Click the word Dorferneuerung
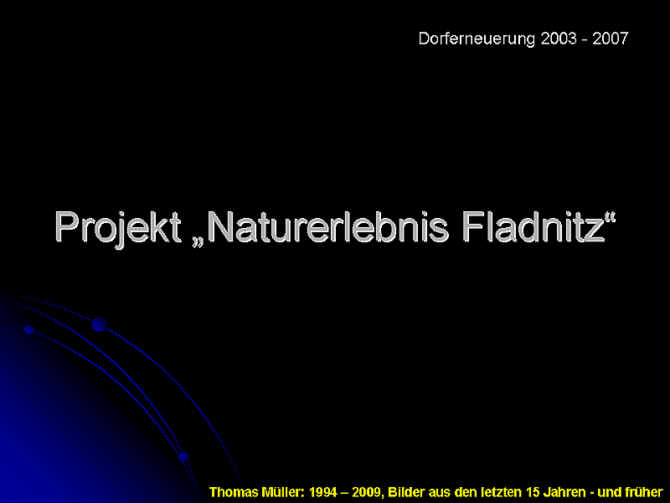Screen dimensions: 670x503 point(477,39)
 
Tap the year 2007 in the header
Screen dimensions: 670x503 point(611,39)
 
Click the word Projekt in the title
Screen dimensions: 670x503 point(118,228)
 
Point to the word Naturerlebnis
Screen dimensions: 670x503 point(327,226)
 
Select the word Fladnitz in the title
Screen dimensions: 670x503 point(533,226)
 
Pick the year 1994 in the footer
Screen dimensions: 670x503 point(323,492)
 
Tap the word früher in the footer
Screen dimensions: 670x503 point(642,492)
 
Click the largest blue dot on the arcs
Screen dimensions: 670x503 point(99,324)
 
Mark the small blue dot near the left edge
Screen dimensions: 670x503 point(29,329)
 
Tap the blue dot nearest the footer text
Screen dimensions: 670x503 point(184,458)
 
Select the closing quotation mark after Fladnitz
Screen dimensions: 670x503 point(611,216)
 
